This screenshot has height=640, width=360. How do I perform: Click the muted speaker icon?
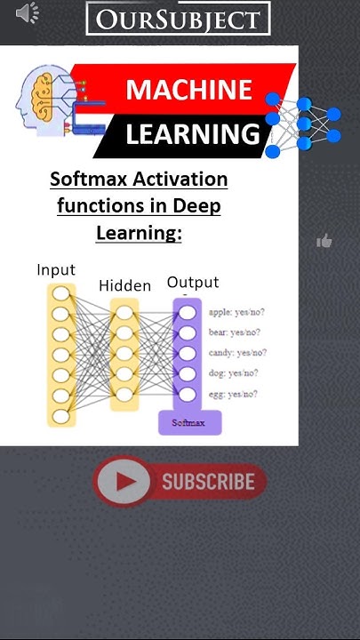[28, 13]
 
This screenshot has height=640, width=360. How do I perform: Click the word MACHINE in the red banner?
[188, 90]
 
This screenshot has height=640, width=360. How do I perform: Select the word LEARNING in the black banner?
[192, 135]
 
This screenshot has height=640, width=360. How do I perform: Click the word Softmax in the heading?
[89, 180]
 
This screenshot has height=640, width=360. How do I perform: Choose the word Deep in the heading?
[197, 206]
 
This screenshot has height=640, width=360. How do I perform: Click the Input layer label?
[55, 269]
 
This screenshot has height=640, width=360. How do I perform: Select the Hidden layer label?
[125, 285]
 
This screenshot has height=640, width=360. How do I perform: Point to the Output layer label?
[193, 283]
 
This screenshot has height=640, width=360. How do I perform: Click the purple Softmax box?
[189, 422]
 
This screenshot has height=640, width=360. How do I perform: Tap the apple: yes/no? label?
[237, 312]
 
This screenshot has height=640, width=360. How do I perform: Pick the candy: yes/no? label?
[237, 353]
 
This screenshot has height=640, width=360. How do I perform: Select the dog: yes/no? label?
[234, 373]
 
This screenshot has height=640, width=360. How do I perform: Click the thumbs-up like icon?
[324, 241]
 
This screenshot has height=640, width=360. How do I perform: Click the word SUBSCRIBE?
[208, 483]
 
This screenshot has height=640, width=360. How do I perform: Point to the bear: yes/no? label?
[236, 332]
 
